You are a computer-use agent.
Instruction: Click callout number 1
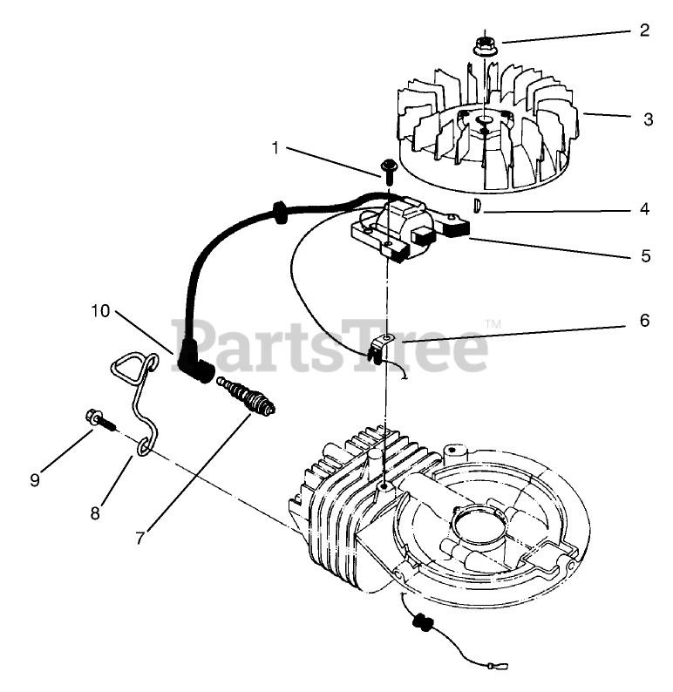coord(275,148)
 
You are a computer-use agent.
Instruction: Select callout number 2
coord(644,31)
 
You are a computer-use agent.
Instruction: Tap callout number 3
coord(647,119)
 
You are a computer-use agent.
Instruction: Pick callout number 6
coord(644,320)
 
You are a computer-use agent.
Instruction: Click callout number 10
coord(101,309)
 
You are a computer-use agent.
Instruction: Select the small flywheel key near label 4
coord(478,206)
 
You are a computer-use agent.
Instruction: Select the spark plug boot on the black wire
coord(194,370)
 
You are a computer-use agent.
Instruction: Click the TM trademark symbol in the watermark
coord(493,324)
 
